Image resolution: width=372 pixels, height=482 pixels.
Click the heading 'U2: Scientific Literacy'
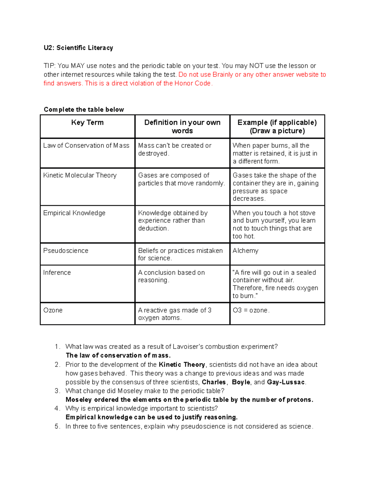click(x=78, y=48)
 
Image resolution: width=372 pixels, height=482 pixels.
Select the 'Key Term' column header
click(x=87, y=123)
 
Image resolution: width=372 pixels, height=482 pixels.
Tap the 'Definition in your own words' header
click(x=182, y=127)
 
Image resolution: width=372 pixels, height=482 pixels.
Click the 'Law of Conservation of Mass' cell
click(x=86, y=146)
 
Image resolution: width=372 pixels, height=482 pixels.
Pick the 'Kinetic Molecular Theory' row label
click(x=80, y=175)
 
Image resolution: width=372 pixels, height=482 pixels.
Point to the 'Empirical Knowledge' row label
click(x=74, y=213)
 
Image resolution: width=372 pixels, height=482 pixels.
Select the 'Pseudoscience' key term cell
click(x=66, y=250)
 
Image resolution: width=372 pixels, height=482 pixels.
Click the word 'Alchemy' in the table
click(x=245, y=250)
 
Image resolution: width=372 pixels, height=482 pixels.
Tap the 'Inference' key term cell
click(x=57, y=273)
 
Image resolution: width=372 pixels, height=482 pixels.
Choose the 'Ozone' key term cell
click(x=53, y=310)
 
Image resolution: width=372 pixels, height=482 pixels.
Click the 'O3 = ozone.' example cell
click(x=251, y=310)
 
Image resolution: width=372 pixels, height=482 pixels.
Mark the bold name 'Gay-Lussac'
click(x=286, y=382)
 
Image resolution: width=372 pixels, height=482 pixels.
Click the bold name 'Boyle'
click(x=241, y=382)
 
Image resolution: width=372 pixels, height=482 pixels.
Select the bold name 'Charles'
click(x=214, y=382)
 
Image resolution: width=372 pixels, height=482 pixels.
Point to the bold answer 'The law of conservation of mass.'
click(x=118, y=355)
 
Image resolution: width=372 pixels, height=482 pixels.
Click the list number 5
click(x=57, y=426)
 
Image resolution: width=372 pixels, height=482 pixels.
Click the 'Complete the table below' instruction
click(x=84, y=110)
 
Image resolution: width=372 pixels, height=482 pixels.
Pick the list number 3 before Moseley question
click(x=57, y=391)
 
